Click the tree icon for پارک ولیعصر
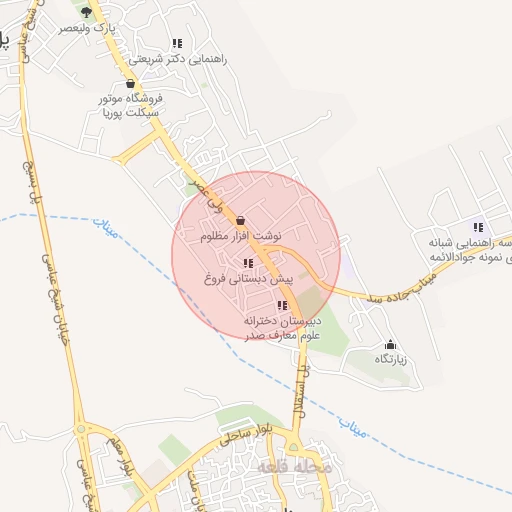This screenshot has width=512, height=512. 86,13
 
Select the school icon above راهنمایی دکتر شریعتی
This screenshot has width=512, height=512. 177,43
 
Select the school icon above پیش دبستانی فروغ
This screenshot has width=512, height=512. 247,263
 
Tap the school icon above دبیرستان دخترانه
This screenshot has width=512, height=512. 282,305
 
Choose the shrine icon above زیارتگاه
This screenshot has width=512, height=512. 390,343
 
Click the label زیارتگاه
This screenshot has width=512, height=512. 391,358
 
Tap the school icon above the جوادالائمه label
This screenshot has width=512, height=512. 478,226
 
